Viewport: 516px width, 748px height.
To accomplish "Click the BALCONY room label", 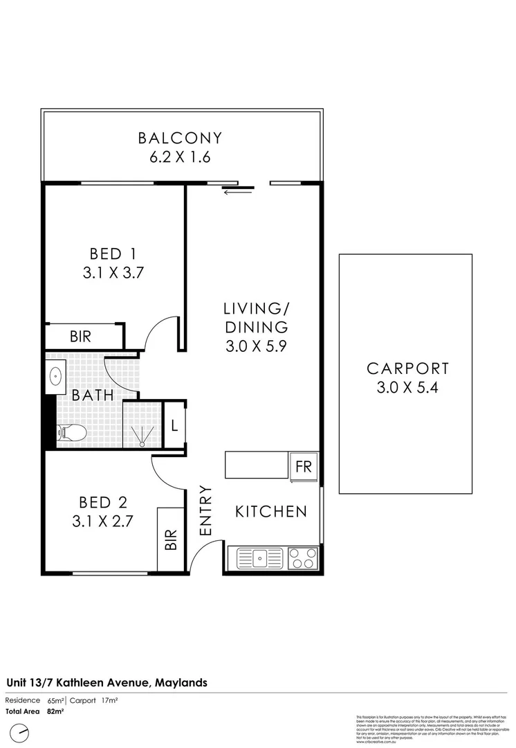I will [179, 138].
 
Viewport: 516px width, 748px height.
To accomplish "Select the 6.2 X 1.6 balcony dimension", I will [179, 157].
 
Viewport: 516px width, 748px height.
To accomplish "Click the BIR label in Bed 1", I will [81, 337].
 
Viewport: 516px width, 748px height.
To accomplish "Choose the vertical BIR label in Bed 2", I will [171, 540].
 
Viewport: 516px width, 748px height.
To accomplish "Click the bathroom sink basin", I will [57, 376].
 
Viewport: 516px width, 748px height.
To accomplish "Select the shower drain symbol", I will [142, 442].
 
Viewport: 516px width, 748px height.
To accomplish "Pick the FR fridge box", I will [304, 466].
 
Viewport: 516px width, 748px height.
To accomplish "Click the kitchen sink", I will [260, 558].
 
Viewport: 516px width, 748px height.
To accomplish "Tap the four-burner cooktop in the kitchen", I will [303, 558].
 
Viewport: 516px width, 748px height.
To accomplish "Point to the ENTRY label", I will [205, 511].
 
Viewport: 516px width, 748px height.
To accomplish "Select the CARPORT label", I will [407, 368].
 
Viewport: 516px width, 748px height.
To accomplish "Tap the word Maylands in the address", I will [179, 682].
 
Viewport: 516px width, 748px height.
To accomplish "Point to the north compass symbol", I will [25, 731].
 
